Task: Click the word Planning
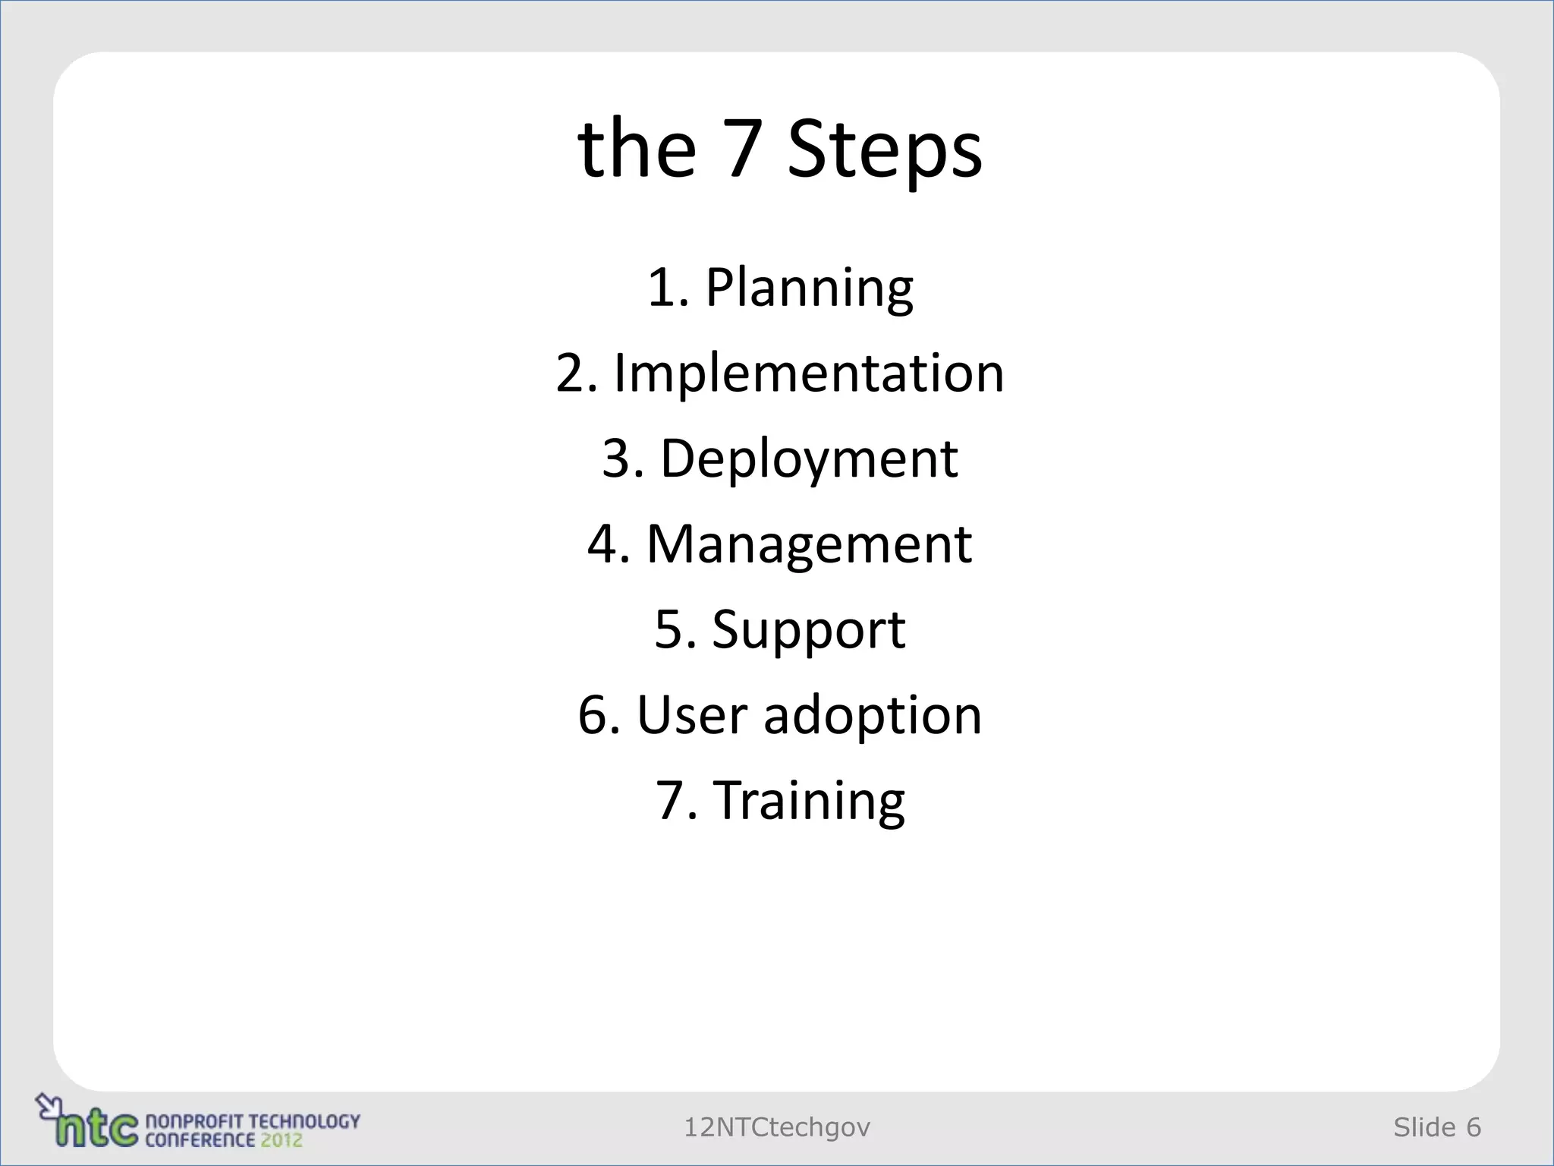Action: pos(809,288)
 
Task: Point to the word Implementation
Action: pos(809,373)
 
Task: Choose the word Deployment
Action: pos(809,459)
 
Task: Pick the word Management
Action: pos(809,544)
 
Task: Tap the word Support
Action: pos(809,630)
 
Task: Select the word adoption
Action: pos(873,717)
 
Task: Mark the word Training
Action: pos(810,801)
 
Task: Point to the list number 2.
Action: pos(575,373)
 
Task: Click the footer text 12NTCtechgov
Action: pos(777,1128)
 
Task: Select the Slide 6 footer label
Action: pos(1437,1128)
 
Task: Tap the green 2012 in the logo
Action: pos(282,1140)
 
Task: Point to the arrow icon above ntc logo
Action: pos(47,1104)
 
